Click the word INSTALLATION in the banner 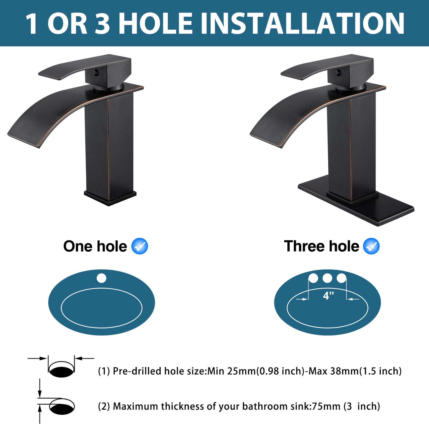(x=303, y=24)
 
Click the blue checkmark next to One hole (x=140, y=246)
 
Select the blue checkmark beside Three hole (x=371, y=246)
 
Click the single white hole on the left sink (x=102, y=278)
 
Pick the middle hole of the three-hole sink (x=327, y=278)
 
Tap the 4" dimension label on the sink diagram (x=328, y=296)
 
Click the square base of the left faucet (x=110, y=197)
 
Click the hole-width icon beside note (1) (x=61, y=368)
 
